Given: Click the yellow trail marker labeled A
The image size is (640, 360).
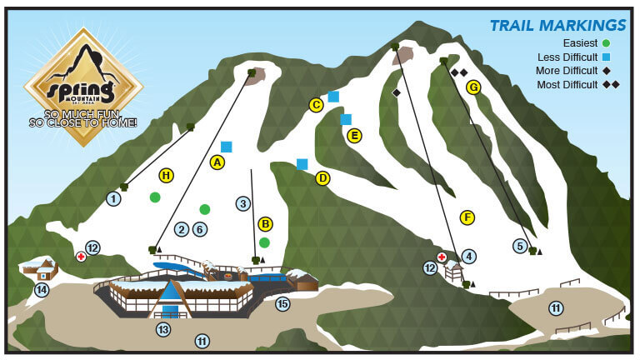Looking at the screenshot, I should point(218,162).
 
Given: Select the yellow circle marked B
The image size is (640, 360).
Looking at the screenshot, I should point(266,223).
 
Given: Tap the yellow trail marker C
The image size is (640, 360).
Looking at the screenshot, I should point(316,105).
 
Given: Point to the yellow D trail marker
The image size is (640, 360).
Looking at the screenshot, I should point(323,177).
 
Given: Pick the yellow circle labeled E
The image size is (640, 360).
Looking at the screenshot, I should point(354,135).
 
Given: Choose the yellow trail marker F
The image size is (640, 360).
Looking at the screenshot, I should point(467,217).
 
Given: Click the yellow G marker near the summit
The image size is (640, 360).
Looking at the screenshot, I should point(473,87).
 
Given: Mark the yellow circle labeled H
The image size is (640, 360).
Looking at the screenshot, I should point(167,175).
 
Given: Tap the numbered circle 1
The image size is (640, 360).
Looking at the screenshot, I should point(113,198).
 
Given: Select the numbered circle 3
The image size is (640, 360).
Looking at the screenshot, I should point(243,202).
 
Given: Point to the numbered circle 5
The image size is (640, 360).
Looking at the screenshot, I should point(520,246).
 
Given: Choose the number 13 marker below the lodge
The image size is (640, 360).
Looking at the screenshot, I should point(163,330).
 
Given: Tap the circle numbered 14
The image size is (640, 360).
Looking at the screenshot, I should point(42,290).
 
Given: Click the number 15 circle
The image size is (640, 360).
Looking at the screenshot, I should point(282,304).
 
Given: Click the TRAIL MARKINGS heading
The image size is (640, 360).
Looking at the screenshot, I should point(557,25).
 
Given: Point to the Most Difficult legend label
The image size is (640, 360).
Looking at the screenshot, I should point(567,85).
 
